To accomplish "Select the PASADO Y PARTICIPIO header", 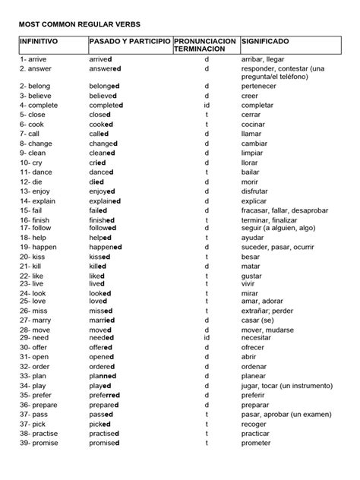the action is (129, 39).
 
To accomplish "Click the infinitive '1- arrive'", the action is (34, 58).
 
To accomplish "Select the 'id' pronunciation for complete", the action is (207, 105).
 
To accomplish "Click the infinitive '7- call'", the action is (33, 133).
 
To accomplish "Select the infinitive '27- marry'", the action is (36, 321).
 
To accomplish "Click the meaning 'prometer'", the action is (257, 442).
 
